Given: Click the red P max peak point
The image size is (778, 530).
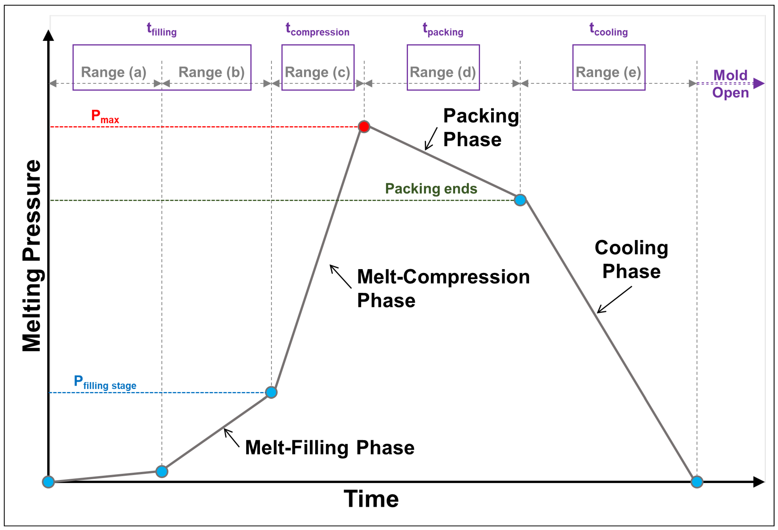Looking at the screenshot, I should click(x=364, y=126).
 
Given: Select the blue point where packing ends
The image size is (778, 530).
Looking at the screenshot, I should click(x=520, y=200).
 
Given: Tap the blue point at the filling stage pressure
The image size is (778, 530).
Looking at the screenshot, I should click(x=271, y=392).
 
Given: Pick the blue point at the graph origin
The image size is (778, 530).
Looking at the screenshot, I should click(x=48, y=482).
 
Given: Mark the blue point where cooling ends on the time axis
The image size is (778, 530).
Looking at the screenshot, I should click(x=697, y=482).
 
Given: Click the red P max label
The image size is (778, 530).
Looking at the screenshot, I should click(x=105, y=116).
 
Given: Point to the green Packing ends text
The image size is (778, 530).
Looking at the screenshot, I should click(x=431, y=189).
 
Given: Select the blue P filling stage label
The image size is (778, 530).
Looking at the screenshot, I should click(x=105, y=382).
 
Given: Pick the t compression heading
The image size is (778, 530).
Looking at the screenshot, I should click(x=317, y=29).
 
